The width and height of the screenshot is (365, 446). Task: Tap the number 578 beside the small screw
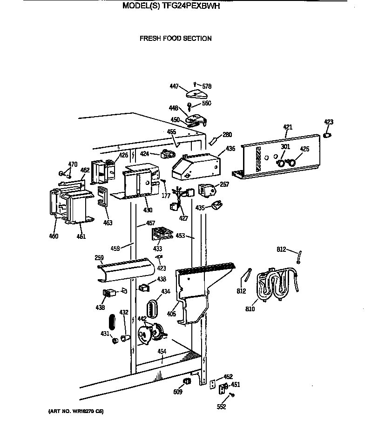coord(207,86)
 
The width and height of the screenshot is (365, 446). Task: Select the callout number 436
coord(230,149)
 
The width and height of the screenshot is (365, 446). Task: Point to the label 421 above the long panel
coord(288,127)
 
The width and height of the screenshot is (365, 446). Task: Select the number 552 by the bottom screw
coord(221,407)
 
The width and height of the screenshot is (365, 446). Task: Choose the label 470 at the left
coord(73,164)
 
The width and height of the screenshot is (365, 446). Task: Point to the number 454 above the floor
coord(161,351)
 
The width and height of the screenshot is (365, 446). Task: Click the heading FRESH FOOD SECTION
coord(176,39)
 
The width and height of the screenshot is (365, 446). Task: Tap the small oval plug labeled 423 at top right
coord(328,135)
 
